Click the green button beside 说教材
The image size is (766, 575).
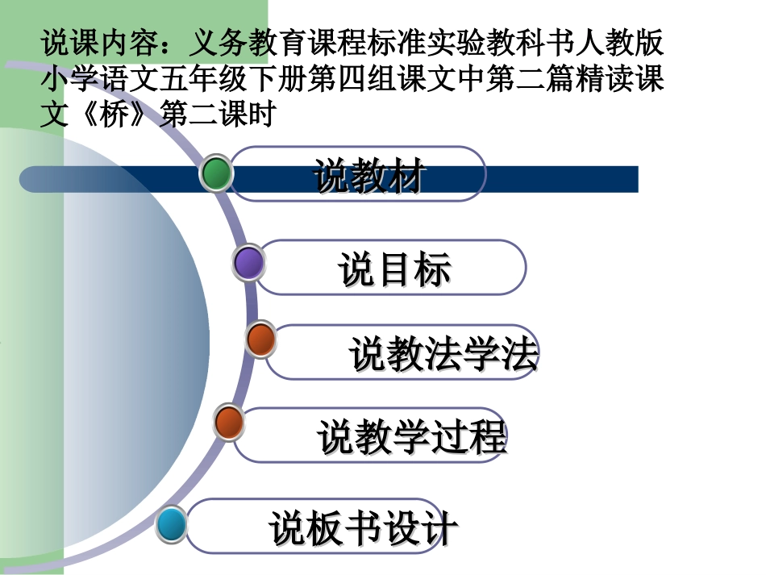pyautogui.click(x=216, y=173)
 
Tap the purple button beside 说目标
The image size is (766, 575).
pyautogui.click(x=249, y=263)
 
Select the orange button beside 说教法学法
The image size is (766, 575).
pyautogui.click(x=260, y=340)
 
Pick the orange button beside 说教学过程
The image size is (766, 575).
pyautogui.click(x=229, y=423)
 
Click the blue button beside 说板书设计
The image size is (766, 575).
pyautogui.click(x=171, y=525)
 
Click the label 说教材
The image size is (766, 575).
pyautogui.click(x=369, y=177)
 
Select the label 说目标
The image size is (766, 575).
pyautogui.click(x=394, y=269)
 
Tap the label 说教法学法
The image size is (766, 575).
pyautogui.click(x=443, y=354)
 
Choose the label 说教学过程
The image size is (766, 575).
pyautogui.click(x=411, y=436)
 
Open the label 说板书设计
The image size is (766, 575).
pyautogui.click(x=364, y=529)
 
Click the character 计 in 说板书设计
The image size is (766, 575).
pyautogui.click(x=439, y=529)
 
